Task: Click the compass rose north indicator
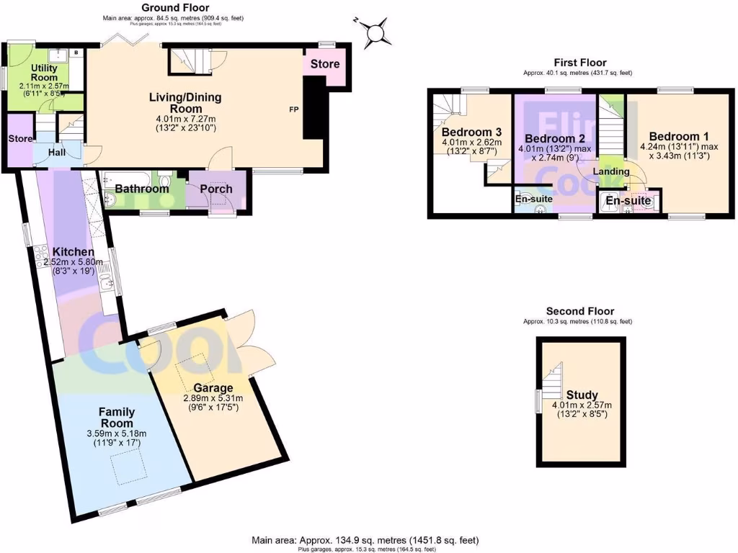(375, 32)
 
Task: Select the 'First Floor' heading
(580, 63)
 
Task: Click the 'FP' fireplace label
(294, 110)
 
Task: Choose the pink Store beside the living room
(325, 65)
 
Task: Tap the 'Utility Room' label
(43, 73)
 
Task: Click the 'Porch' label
(216, 189)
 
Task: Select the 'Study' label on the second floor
(582, 395)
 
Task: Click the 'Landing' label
(611, 171)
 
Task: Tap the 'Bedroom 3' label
(471, 132)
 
